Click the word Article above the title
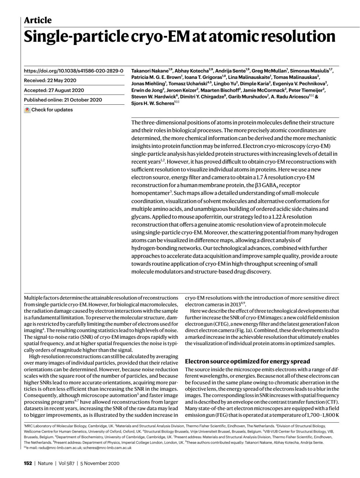click(x=38, y=20)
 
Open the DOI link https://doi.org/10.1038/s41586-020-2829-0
click(x=73, y=71)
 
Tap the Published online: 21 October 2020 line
click(x=63, y=100)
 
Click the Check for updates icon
click(x=27, y=110)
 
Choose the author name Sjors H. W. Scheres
click(x=153, y=104)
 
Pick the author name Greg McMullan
click(x=269, y=71)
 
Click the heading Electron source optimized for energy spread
click(x=247, y=361)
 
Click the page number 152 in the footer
click(x=28, y=463)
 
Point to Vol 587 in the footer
click(x=66, y=463)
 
